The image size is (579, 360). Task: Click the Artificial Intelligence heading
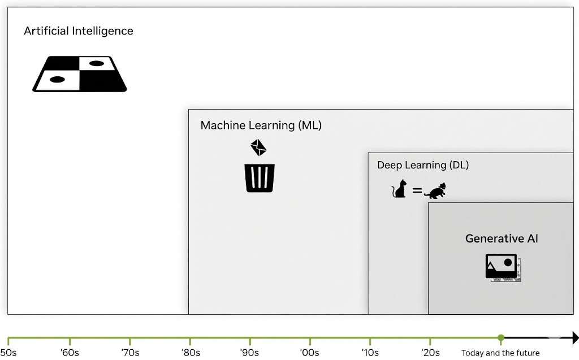click(79, 31)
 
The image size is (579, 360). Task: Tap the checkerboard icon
click(79, 74)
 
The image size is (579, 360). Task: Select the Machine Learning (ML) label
click(261, 125)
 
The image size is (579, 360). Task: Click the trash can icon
click(260, 177)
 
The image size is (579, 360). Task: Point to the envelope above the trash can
click(258, 148)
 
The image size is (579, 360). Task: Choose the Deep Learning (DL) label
click(423, 165)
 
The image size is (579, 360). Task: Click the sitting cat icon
click(400, 189)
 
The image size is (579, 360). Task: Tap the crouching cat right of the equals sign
click(435, 191)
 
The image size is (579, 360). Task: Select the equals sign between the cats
click(417, 191)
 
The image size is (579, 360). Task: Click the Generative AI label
click(502, 238)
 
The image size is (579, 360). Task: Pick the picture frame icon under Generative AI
click(502, 267)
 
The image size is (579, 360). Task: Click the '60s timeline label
click(70, 353)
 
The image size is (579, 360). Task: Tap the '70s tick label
click(130, 353)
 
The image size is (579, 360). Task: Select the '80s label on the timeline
click(191, 353)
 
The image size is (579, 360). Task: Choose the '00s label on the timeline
click(310, 353)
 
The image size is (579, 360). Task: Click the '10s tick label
click(370, 353)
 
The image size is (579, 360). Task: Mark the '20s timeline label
click(431, 353)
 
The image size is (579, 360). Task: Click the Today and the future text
click(500, 353)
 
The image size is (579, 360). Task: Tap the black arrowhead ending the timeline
click(574, 338)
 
